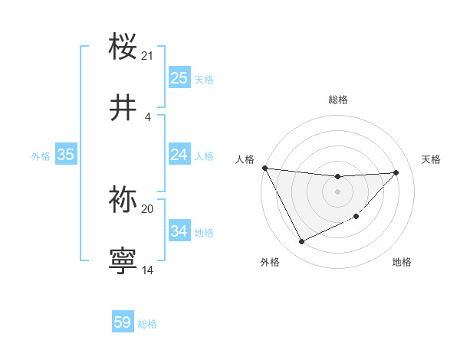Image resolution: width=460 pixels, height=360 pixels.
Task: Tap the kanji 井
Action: tap(123, 108)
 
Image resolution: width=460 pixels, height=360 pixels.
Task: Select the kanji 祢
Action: tap(123, 199)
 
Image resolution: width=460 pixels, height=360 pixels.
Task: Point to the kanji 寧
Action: tap(123, 260)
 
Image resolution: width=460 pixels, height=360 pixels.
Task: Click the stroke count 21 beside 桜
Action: tap(147, 55)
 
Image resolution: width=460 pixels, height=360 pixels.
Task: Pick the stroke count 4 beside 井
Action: tap(147, 116)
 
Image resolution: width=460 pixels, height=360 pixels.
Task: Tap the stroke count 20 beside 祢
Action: tap(147, 208)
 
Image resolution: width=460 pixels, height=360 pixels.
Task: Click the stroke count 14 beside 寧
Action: tap(147, 270)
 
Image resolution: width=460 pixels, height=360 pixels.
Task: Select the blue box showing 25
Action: tap(179, 78)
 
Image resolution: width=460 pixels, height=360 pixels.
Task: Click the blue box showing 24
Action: tap(179, 155)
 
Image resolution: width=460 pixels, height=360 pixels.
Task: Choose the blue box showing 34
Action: tap(179, 231)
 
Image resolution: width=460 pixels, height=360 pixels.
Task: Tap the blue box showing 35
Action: tap(65, 155)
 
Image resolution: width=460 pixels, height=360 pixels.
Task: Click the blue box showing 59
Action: tap(123, 322)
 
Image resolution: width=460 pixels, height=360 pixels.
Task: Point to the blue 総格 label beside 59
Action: tap(147, 324)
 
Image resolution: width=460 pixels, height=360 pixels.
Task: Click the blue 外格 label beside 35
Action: tap(41, 155)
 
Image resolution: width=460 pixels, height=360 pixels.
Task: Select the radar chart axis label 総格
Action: tap(337, 100)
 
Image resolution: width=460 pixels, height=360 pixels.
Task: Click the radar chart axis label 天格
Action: tap(431, 159)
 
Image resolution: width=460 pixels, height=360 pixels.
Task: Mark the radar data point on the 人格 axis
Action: tap(264, 168)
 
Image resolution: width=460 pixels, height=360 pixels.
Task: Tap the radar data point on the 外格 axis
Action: tap(301, 242)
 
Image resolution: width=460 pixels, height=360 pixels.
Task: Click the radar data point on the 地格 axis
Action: tap(356, 217)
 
